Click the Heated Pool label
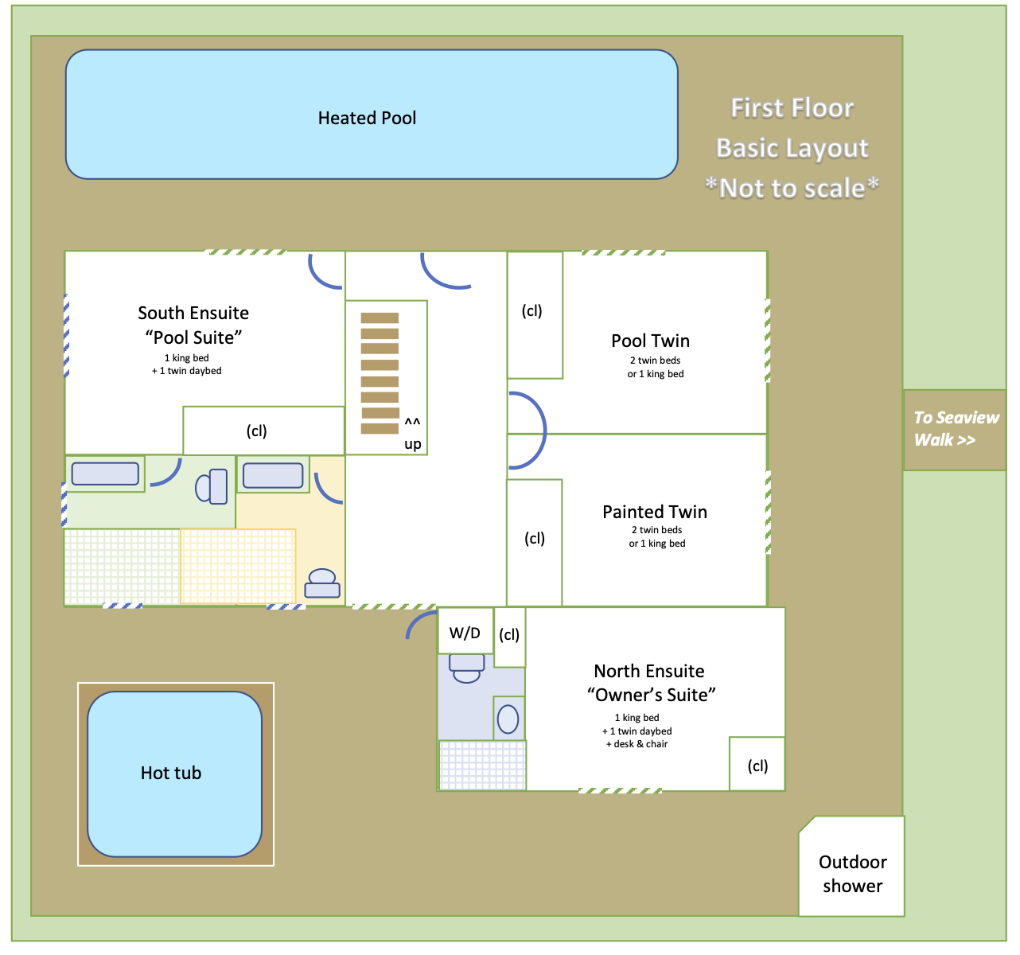tap(367, 119)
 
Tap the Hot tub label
tap(171, 773)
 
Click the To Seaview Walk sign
tap(955, 430)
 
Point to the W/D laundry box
tap(465, 633)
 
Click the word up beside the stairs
tap(412, 444)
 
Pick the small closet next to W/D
tap(509, 636)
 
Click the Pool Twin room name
tap(650, 341)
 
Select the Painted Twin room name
tap(654, 512)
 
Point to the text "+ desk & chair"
tap(637, 744)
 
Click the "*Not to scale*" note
tap(792, 189)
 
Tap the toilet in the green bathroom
tap(212, 486)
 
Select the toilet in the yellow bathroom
tap(322, 583)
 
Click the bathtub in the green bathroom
tap(105, 474)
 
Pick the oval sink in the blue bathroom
tap(508, 719)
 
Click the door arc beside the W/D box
tap(419, 625)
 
